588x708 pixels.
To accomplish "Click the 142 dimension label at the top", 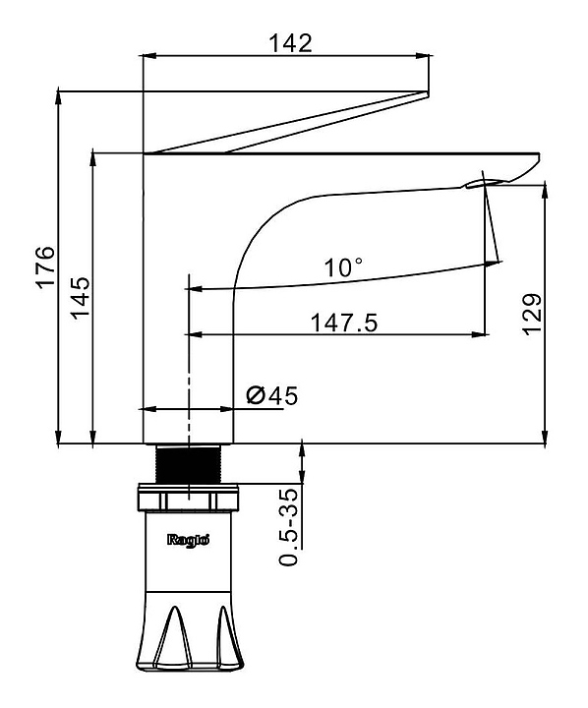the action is [x=290, y=43].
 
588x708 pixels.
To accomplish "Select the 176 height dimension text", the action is [x=45, y=266].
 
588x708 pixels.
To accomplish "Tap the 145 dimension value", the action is [x=81, y=298].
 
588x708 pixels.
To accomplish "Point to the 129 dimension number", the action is [x=532, y=315].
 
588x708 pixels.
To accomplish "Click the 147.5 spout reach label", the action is [x=344, y=324].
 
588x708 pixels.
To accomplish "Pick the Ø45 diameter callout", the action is [x=272, y=395].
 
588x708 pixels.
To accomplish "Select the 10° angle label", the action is [x=343, y=267].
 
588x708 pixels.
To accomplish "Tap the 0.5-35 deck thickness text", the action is [x=289, y=527].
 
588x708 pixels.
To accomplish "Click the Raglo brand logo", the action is [x=189, y=540].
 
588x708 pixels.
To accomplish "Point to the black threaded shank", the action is [x=189, y=464].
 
